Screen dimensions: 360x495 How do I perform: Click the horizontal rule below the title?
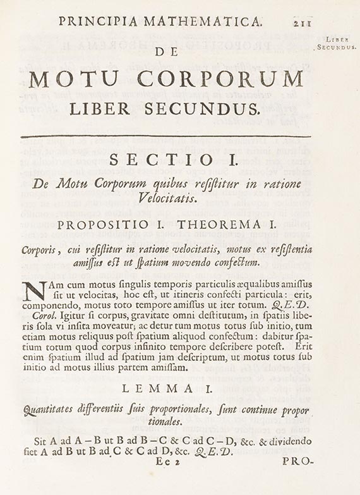click(165, 136)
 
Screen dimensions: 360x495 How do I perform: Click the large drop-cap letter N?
click(35, 291)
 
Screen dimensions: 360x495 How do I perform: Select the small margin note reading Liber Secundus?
click(336, 43)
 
